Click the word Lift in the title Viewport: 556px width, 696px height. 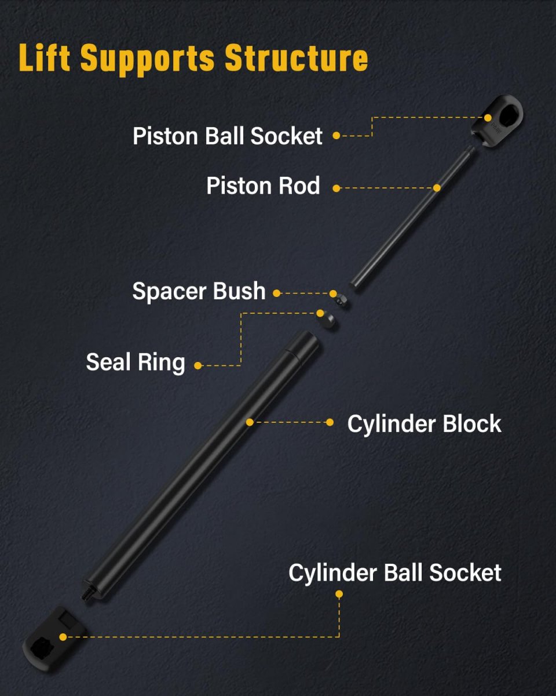45,57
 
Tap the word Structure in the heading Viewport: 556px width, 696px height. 297,57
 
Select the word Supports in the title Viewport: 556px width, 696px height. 147,60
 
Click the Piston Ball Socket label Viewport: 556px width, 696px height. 228,136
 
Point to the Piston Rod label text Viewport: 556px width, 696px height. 263,186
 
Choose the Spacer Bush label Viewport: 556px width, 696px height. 199,291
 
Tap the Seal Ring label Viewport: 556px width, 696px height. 136,362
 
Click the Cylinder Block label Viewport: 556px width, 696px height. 424,423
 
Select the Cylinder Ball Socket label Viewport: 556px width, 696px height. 395,573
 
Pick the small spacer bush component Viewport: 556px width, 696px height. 341,300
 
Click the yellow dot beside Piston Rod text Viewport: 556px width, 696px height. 336,188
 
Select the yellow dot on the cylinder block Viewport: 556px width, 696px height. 250,422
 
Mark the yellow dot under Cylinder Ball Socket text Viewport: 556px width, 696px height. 339,594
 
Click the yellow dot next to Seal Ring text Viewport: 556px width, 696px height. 198,366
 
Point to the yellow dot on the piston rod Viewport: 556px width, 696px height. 437,188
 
